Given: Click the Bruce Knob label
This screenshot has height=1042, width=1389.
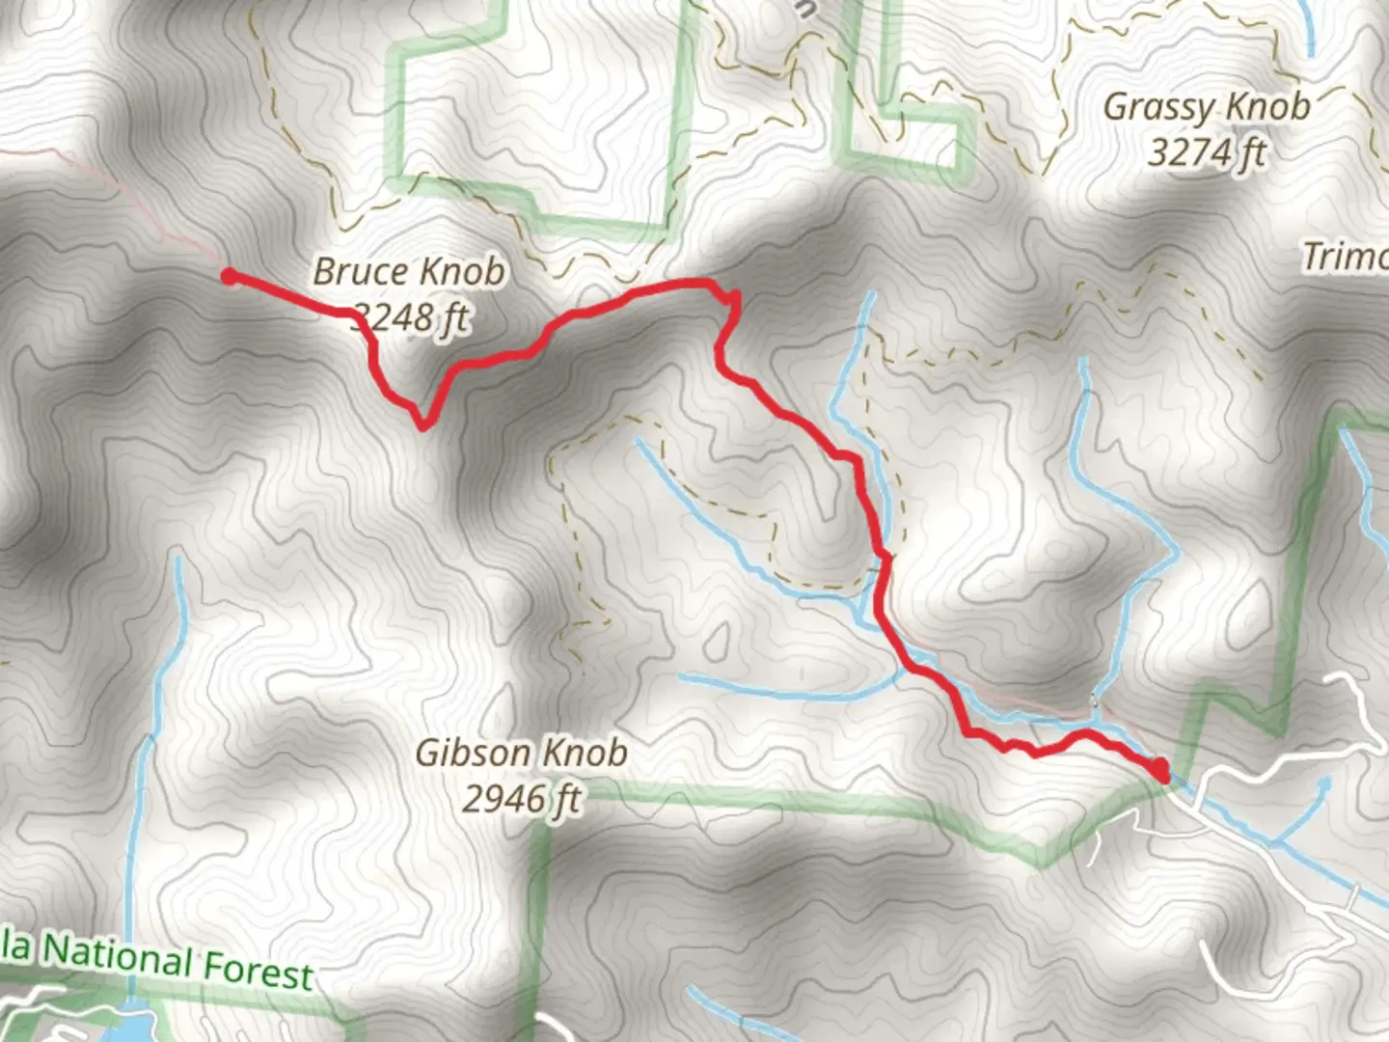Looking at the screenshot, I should click(x=408, y=272).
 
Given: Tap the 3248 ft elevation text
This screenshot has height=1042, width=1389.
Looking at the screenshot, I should click(x=410, y=316).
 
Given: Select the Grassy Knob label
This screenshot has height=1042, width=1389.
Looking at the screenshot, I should click(x=1206, y=106).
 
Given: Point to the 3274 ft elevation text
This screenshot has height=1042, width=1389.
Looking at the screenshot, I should click(x=1207, y=151).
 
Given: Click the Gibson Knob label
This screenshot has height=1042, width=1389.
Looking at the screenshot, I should click(x=521, y=753).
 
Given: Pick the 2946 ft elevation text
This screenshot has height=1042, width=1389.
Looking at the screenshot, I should click(x=522, y=799).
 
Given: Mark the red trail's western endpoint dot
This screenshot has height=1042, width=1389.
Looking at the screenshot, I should click(x=229, y=277).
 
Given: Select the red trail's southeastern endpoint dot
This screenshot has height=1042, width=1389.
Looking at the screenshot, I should click(x=1160, y=770).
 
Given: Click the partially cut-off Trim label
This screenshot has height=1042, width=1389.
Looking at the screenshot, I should click(x=1345, y=257).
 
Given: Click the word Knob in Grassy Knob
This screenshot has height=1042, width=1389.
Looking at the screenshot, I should click(x=1266, y=105).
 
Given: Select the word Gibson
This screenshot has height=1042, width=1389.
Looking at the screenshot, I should click(x=472, y=753).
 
